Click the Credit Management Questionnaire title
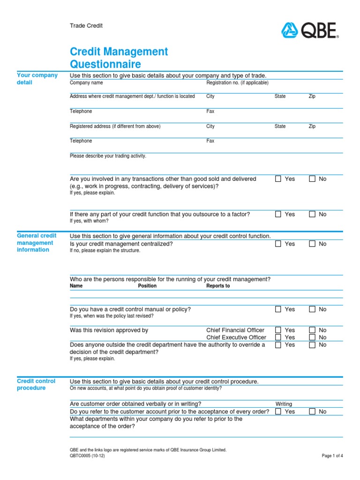(119, 58)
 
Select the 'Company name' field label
(86, 83)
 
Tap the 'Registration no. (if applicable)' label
(237, 83)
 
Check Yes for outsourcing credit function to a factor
(278, 214)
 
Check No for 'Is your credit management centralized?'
(312, 244)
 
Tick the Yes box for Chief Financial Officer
(278, 330)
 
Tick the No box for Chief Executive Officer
(312, 337)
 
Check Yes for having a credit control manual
(278, 309)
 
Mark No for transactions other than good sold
(312, 179)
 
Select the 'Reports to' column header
(218, 286)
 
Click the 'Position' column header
(147, 286)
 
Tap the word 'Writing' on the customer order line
(284, 404)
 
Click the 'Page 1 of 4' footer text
(333, 456)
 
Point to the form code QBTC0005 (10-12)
(87, 456)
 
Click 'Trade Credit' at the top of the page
(86, 26)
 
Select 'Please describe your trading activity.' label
(108, 156)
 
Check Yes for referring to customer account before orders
(278, 412)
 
